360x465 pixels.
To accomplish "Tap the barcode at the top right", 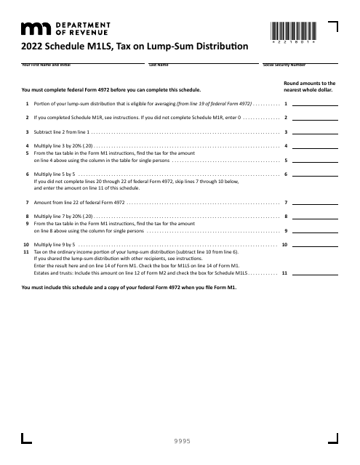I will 294,31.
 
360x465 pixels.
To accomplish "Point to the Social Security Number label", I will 284,65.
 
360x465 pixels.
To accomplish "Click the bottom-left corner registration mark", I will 27,438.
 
